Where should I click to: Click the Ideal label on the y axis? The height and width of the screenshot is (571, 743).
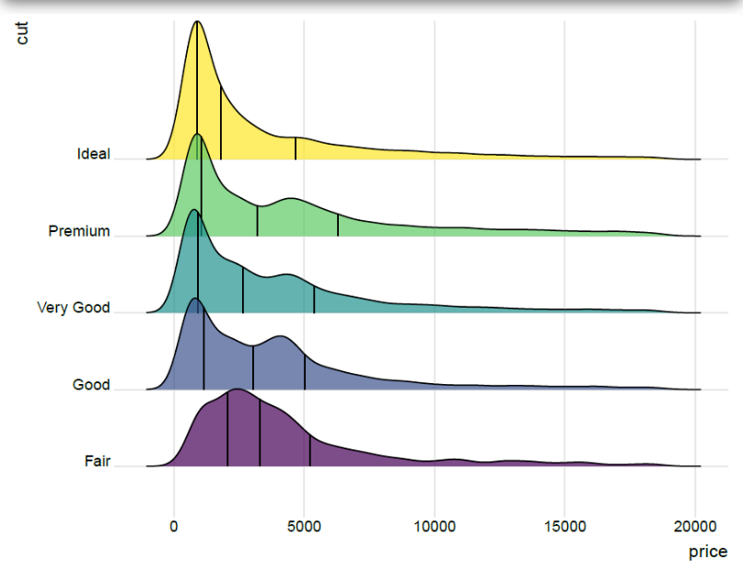tap(93, 154)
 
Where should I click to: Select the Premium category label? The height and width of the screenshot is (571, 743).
tap(78, 231)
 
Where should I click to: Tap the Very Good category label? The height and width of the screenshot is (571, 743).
tap(73, 308)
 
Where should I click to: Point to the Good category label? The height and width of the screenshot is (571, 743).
tap(91, 385)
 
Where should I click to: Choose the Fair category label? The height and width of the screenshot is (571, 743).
tap(97, 461)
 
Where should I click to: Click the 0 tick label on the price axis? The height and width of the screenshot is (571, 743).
tap(173, 527)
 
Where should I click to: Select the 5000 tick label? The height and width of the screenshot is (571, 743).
tap(304, 527)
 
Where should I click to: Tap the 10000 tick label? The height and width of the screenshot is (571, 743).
tap(435, 527)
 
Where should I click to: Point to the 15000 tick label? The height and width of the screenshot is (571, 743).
tap(564, 527)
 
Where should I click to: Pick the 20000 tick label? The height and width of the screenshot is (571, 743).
tap(694, 527)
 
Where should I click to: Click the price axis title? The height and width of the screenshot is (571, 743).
tap(708, 552)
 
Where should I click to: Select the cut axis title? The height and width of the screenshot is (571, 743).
tap(21, 34)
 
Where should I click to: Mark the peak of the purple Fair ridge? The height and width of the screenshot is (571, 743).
tap(237, 390)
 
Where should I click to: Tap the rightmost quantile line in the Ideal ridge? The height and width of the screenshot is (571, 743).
tap(296, 148)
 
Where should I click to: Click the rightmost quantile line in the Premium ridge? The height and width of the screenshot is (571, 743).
tap(338, 226)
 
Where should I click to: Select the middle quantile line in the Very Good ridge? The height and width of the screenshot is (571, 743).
tap(243, 290)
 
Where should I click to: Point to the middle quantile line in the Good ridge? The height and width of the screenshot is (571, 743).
tap(253, 367)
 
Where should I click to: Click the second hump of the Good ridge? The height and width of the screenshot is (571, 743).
tap(280, 338)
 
